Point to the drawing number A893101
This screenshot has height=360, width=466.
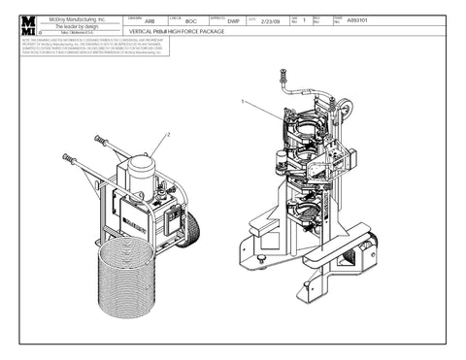(x=358, y=20)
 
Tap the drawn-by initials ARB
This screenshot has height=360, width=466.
(x=150, y=20)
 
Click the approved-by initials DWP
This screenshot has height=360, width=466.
(x=233, y=20)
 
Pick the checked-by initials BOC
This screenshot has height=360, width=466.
(x=191, y=20)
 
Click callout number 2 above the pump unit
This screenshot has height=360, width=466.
(x=168, y=134)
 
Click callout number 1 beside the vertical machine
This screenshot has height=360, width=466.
(x=242, y=100)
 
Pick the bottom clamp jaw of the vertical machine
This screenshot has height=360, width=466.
(x=306, y=208)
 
